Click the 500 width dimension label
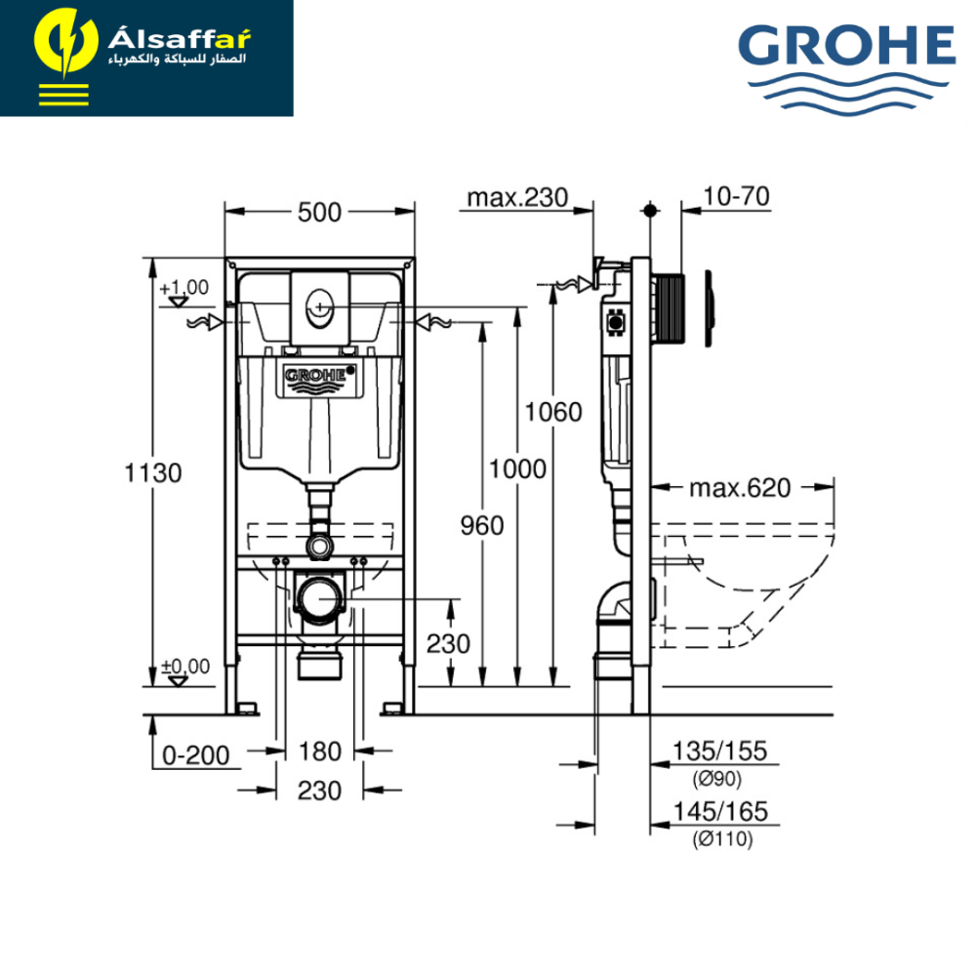(x=319, y=212)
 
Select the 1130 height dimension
(x=153, y=473)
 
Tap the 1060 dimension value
(x=553, y=412)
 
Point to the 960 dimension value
(x=482, y=526)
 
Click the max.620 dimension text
(x=740, y=488)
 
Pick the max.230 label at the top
(x=518, y=197)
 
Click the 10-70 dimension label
(x=736, y=196)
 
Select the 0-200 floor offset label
(x=195, y=755)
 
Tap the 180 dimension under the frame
(x=320, y=752)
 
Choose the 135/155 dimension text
(x=719, y=751)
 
